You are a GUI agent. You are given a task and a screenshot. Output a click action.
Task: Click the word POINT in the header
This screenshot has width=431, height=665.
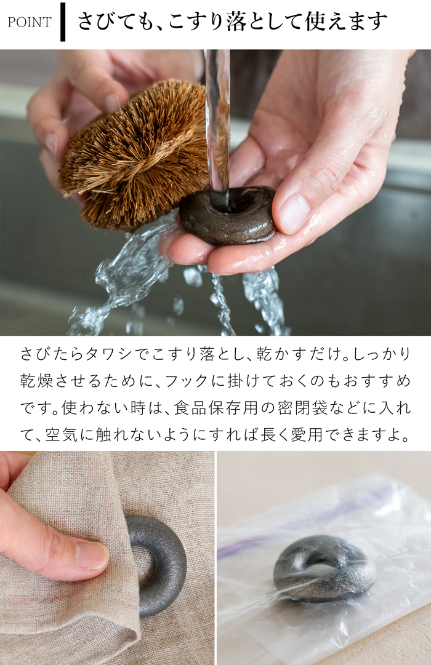tap(29, 23)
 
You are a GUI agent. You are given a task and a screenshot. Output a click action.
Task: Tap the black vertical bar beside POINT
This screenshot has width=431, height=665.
tap(62, 22)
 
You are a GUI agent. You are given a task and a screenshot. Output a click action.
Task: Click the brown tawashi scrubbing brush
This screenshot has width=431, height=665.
tap(132, 154)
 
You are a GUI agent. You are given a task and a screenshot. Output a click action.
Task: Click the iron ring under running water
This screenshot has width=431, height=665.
tap(228, 215)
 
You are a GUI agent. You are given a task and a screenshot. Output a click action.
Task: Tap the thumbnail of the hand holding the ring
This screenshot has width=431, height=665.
tap(294, 213)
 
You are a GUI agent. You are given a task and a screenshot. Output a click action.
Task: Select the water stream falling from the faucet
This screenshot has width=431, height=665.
tap(217, 123)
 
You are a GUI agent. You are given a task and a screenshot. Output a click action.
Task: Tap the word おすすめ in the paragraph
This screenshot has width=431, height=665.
tap(380, 381)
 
